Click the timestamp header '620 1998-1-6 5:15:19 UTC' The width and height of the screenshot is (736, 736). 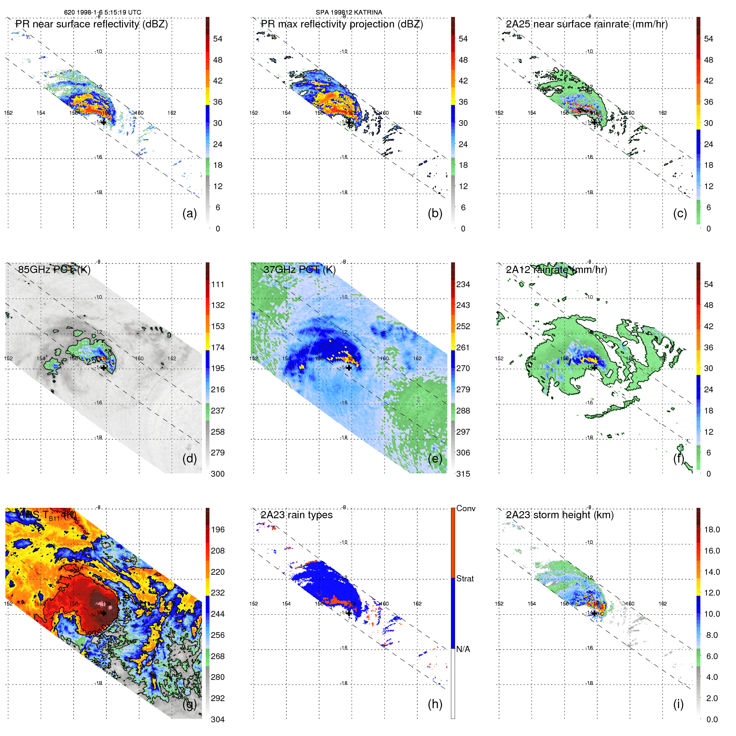(x=102, y=12)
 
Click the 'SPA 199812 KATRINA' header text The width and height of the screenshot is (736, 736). (x=349, y=12)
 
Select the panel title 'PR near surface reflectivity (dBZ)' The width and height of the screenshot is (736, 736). (x=91, y=24)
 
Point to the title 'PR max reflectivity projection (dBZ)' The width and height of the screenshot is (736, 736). (x=342, y=24)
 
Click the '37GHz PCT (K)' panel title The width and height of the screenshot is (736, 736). (x=299, y=270)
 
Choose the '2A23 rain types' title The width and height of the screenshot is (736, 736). (x=296, y=515)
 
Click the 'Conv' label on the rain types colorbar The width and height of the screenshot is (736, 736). (x=465, y=508)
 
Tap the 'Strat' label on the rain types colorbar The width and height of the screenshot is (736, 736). (x=465, y=578)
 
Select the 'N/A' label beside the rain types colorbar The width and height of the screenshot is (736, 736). (x=463, y=649)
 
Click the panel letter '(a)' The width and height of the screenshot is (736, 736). (x=190, y=213)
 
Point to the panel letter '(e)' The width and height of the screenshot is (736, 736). (x=435, y=458)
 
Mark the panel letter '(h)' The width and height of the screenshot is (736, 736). (x=435, y=704)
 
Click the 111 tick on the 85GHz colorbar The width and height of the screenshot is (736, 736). (x=218, y=284)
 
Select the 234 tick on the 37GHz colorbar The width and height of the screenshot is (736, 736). (x=463, y=284)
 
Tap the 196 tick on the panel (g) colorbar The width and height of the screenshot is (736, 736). (x=218, y=529)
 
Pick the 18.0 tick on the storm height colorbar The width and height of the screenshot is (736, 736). (x=711, y=529)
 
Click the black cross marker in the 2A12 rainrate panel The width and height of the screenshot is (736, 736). (x=594, y=367)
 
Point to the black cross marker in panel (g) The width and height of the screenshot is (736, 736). (x=103, y=613)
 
